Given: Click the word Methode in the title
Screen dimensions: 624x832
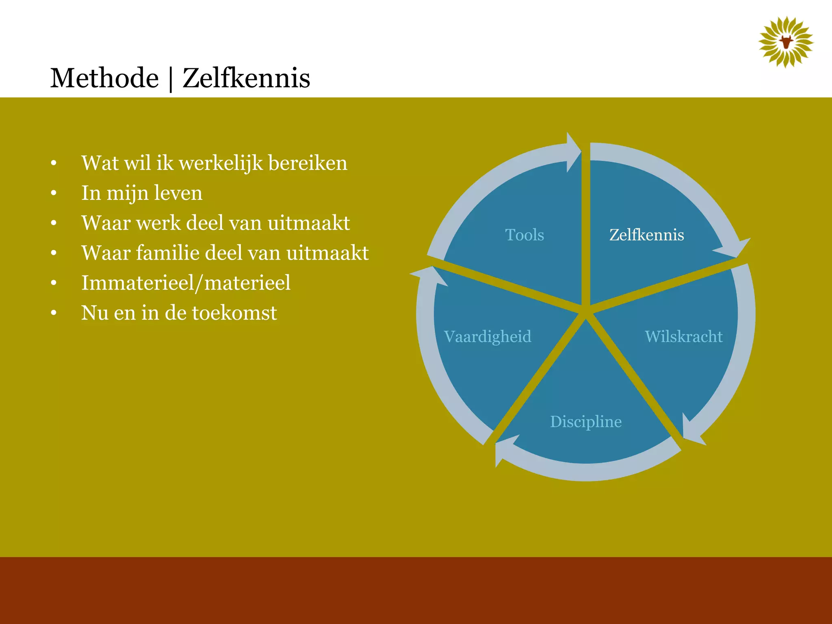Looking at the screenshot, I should click(104, 78).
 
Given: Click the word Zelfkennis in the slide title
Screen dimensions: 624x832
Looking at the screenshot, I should click(246, 78).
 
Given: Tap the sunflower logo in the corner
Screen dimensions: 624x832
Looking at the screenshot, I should click(786, 42).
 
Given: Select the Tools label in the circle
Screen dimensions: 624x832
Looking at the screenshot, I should click(524, 235).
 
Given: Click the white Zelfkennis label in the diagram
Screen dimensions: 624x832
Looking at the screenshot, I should click(646, 235).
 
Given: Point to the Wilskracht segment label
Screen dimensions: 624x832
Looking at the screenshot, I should click(683, 336).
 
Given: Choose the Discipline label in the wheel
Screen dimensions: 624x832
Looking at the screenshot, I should click(585, 422).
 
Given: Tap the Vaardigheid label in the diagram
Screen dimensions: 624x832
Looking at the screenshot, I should click(487, 336).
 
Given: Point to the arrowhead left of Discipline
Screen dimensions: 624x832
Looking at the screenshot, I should click(504, 449).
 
